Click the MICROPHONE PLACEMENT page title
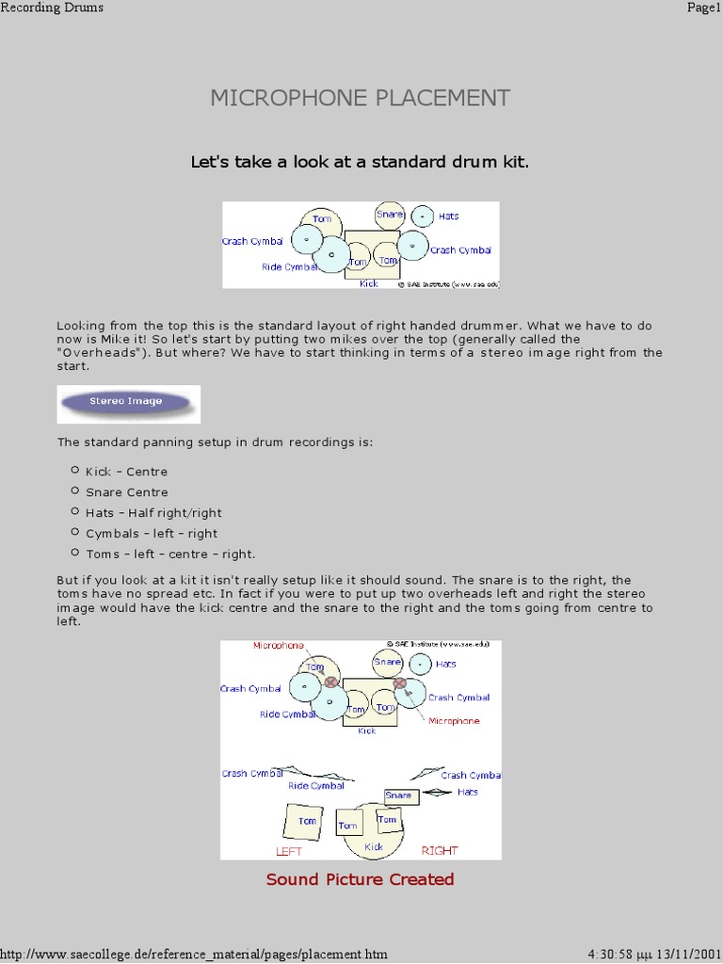click(361, 98)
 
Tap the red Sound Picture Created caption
click(361, 879)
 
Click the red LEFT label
click(289, 851)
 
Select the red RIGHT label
click(440, 851)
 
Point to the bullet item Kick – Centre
click(126, 472)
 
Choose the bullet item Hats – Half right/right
click(153, 513)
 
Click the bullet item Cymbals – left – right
click(151, 534)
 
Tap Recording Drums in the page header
click(52, 8)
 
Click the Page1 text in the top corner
click(704, 8)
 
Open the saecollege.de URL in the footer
click(194, 954)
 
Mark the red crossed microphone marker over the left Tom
click(330, 682)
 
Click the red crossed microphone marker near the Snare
click(399, 683)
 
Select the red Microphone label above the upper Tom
click(279, 646)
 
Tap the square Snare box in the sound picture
click(399, 796)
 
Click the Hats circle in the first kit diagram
click(423, 217)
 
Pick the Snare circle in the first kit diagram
click(389, 216)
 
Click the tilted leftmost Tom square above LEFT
click(305, 822)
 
